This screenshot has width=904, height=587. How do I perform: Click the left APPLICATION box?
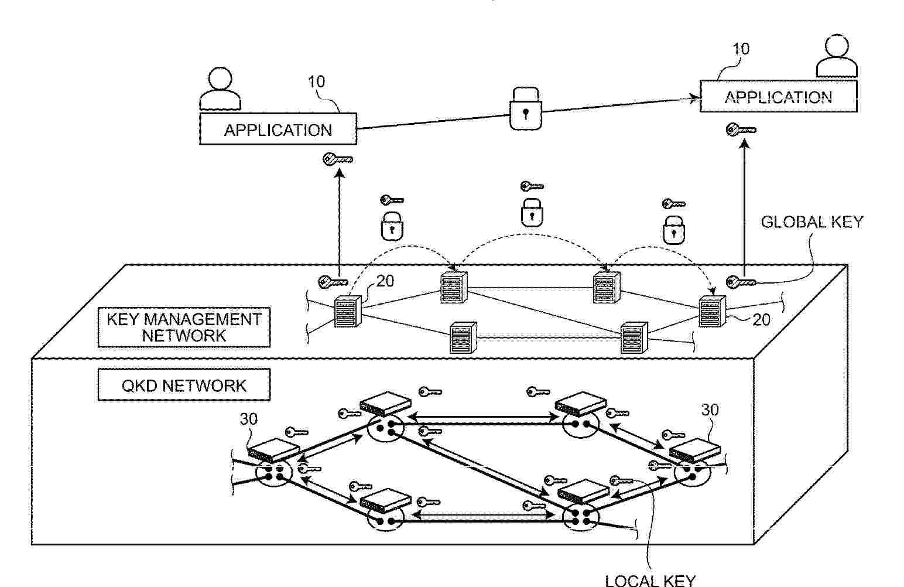278,129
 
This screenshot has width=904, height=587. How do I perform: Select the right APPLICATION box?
779,96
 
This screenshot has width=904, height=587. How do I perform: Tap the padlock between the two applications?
525,108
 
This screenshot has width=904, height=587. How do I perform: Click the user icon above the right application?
837,56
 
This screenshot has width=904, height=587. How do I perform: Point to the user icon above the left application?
220,88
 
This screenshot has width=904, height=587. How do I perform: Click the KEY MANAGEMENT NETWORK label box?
184,327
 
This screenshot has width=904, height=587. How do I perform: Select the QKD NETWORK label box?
184,385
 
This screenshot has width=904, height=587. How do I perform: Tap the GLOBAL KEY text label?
812,222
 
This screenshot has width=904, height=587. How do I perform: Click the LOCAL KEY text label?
650,581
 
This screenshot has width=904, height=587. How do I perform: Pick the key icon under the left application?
338,159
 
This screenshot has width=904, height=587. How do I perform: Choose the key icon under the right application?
741,130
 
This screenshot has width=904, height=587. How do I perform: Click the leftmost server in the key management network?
348,311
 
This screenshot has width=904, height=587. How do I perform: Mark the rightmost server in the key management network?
713,311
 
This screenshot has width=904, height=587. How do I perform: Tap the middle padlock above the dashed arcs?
532,212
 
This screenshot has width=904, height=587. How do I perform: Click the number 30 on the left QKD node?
249,419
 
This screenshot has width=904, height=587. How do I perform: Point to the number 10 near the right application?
741,49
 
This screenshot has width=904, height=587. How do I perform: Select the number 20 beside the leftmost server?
385,281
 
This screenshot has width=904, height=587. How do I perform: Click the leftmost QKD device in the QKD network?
273,451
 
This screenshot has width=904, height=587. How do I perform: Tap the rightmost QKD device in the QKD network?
695,451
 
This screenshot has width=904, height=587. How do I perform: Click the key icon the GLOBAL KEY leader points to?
741,282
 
